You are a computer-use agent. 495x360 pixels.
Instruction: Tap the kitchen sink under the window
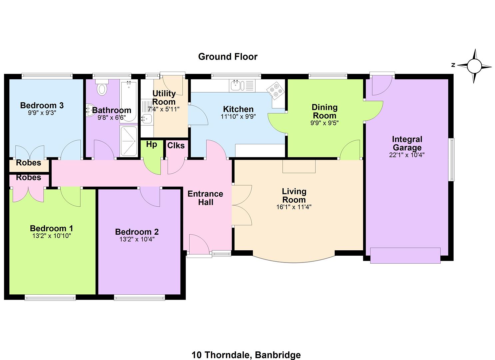coord(242,86)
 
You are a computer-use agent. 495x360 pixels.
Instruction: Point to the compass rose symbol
coord(474,66)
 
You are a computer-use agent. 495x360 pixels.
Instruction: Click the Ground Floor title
coord(228,57)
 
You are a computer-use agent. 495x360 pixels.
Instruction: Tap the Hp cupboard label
coord(151,144)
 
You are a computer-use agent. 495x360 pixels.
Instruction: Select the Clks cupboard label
coord(176,145)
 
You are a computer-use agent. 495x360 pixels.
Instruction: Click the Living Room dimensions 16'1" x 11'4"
coord(294,207)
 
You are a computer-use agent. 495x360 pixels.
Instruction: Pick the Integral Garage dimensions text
coord(407,155)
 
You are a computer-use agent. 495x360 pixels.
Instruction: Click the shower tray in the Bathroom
coord(129,141)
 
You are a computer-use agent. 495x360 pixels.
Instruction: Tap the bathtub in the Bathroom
coord(129,101)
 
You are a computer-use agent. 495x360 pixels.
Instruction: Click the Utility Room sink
coord(146,119)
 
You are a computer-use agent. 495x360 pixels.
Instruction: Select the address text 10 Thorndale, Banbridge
coord(246,355)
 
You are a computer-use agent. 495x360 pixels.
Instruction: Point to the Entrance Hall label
coord(205,198)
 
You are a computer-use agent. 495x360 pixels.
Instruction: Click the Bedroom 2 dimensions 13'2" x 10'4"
coord(137,239)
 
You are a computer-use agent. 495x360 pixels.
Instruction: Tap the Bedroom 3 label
coord(42,105)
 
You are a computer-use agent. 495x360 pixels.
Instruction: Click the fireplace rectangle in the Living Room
coord(299,166)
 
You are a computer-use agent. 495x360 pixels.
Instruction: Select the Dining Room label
coord(324,111)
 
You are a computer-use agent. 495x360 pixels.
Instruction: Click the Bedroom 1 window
coord(50,298)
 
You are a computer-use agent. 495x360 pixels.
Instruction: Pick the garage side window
coord(452,160)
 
